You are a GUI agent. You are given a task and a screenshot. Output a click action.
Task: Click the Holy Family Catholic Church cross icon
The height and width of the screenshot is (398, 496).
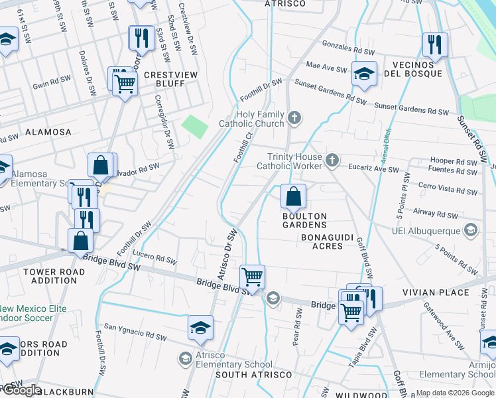pyautogui.click(x=294, y=119)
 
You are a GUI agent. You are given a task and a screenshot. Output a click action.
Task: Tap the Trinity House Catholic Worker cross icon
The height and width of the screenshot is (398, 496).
pyautogui.click(x=332, y=160)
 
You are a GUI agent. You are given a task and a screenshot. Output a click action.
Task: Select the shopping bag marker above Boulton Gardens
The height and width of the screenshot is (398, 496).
pyautogui.click(x=293, y=196)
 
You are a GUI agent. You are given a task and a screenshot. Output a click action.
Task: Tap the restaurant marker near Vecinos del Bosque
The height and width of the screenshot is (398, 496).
pyautogui.click(x=435, y=44)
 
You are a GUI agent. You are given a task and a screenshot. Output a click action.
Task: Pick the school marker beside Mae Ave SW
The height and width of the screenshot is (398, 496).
pyautogui.click(x=364, y=74)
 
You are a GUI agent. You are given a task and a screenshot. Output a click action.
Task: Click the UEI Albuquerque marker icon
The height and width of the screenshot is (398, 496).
pyautogui.click(x=471, y=230)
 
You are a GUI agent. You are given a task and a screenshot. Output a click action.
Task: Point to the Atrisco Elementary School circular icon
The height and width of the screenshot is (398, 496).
pyautogui.click(x=186, y=359)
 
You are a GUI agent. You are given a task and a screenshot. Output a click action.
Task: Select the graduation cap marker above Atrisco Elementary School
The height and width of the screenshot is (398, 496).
pyautogui.click(x=200, y=328)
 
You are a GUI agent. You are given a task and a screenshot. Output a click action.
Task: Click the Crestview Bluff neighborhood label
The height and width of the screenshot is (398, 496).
pyautogui.click(x=171, y=80)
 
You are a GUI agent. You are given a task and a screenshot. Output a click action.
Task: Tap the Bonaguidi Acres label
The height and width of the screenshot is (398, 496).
pyautogui.click(x=322, y=241)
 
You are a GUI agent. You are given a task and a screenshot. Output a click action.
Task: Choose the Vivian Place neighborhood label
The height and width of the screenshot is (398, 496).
pyautogui.click(x=444, y=293)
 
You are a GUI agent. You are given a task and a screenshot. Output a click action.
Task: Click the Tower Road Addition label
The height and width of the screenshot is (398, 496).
pyautogui.click(x=54, y=276)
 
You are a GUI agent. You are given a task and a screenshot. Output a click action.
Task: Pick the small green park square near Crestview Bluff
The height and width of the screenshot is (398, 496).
pyautogui.click(x=194, y=126)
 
